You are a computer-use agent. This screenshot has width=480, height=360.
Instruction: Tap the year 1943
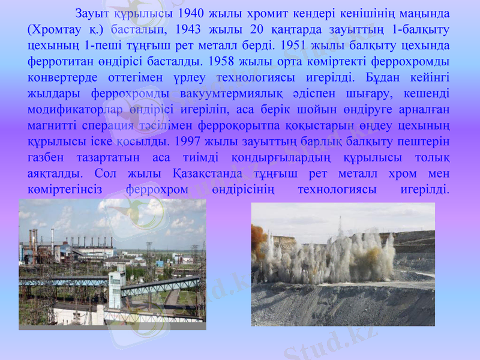(190, 29)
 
